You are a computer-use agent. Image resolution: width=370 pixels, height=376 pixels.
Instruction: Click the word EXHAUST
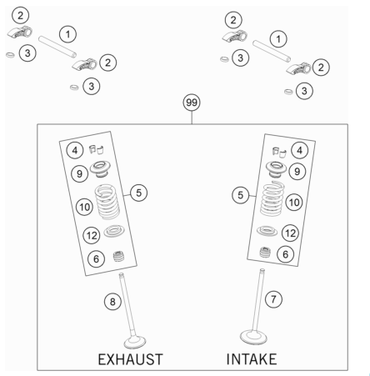(130, 359)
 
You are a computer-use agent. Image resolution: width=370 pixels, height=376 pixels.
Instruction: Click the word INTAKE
(252, 359)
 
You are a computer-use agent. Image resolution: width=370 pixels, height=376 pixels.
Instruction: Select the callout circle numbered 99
(192, 103)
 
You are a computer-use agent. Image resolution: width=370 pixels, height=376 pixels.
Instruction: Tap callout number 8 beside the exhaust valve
(112, 302)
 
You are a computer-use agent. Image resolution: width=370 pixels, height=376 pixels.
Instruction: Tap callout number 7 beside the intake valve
(273, 299)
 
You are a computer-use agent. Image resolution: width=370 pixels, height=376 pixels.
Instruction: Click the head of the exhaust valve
(135, 342)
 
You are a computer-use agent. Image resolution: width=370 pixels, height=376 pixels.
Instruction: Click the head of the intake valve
(253, 337)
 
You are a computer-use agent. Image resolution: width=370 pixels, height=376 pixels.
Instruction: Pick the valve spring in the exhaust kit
(107, 202)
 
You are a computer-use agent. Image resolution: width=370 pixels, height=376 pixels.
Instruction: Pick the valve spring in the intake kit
(272, 199)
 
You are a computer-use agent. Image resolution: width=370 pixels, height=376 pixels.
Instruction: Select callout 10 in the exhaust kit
(84, 207)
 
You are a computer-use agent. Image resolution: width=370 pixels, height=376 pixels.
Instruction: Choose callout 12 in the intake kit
(290, 233)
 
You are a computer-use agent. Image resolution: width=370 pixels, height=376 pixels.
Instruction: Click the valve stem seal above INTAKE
(265, 252)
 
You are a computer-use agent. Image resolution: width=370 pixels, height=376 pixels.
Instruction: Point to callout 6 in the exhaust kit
(96, 259)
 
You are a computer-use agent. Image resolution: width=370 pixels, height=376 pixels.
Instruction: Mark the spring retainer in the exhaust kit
(100, 169)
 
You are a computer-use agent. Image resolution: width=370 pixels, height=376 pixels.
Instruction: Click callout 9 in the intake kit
(297, 172)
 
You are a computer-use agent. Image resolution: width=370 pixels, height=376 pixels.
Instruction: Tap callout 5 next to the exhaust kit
(138, 193)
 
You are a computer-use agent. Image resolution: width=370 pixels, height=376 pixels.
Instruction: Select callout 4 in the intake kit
(299, 150)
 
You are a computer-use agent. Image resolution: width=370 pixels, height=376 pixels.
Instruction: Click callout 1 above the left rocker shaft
(67, 34)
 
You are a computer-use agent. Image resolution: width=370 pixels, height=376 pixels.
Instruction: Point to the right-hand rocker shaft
(272, 51)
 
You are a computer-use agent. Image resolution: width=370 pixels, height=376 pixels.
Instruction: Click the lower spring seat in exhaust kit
(114, 231)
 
